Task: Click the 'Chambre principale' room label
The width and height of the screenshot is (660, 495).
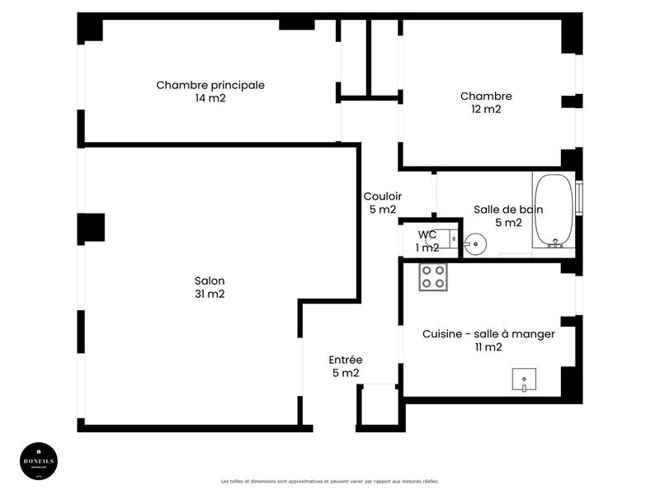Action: pos(210,85)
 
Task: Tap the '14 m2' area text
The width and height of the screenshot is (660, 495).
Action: pos(210,98)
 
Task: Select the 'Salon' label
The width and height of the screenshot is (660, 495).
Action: pos(210,280)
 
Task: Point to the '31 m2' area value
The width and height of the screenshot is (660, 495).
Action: pos(210,294)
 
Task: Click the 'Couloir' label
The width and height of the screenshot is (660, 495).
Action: pos(383,196)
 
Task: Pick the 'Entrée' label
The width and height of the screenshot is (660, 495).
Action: pos(346,360)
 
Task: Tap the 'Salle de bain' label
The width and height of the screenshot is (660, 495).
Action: pos(508,210)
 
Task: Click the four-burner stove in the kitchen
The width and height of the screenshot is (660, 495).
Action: pos(433,276)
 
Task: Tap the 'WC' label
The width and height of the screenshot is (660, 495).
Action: pos(427,235)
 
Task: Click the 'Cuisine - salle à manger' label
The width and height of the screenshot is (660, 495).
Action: pos(488,334)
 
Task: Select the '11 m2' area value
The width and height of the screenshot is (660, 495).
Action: pos(488,347)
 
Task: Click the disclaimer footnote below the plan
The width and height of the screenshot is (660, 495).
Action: pos(330,481)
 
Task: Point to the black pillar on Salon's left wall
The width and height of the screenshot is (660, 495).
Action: pos(92,227)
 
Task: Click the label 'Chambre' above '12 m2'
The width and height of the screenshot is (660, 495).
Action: pos(486,96)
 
